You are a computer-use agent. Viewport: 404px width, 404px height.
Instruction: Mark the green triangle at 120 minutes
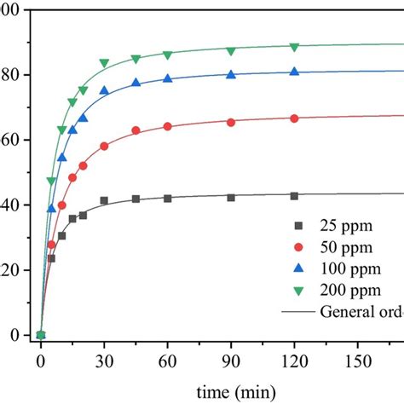click(294, 47)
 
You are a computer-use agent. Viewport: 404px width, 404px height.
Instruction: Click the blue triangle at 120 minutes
click(294, 72)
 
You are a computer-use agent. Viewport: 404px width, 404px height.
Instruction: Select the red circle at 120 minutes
click(294, 118)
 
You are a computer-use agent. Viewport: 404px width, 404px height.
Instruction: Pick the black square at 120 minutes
click(294, 196)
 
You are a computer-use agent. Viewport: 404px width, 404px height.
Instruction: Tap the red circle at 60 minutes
click(167, 126)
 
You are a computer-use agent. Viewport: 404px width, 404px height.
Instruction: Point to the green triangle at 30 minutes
click(104, 63)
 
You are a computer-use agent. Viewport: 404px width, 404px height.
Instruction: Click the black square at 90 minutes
click(231, 197)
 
